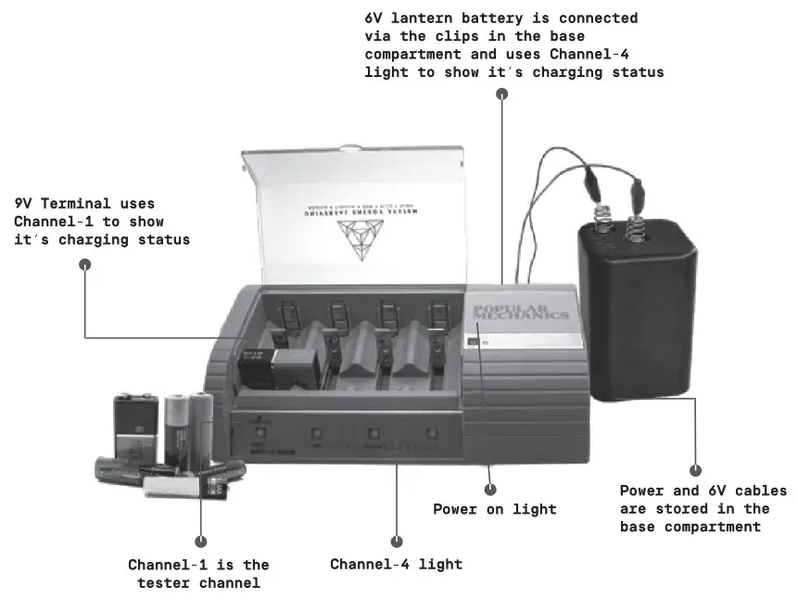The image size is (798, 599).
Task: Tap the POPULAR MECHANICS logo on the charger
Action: pyautogui.click(x=519, y=312)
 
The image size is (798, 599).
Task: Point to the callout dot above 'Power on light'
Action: pyautogui.click(x=490, y=489)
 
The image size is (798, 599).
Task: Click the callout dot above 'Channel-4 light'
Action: pyautogui.click(x=397, y=541)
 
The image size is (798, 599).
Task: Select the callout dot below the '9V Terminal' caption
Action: pyautogui.click(x=85, y=264)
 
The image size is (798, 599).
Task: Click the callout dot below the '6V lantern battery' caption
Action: pyautogui.click(x=501, y=94)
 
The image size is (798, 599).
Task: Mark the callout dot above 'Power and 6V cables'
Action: pyautogui.click(x=696, y=471)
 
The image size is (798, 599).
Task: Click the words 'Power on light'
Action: pyautogui.click(x=495, y=509)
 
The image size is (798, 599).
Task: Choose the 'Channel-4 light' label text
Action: pyautogui.click(x=396, y=564)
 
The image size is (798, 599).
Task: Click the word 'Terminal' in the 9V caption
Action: pyautogui.click(x=78, y=203)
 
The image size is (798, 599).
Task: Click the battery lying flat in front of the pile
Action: pyautogui.click(x=176, y=485)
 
